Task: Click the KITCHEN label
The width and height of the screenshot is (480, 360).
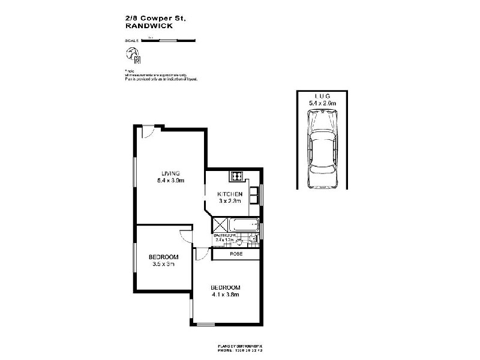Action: (x=230, y=194)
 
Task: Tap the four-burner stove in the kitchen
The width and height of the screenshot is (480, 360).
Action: (x=236, y=177)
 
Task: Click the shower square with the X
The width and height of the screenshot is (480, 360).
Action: (x=218, y=226)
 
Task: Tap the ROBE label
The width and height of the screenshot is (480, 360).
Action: (x=236, y=254)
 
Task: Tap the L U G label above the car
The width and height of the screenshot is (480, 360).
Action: (x=323, y=97)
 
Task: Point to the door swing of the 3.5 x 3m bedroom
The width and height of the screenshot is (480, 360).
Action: (x=187, y=236)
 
